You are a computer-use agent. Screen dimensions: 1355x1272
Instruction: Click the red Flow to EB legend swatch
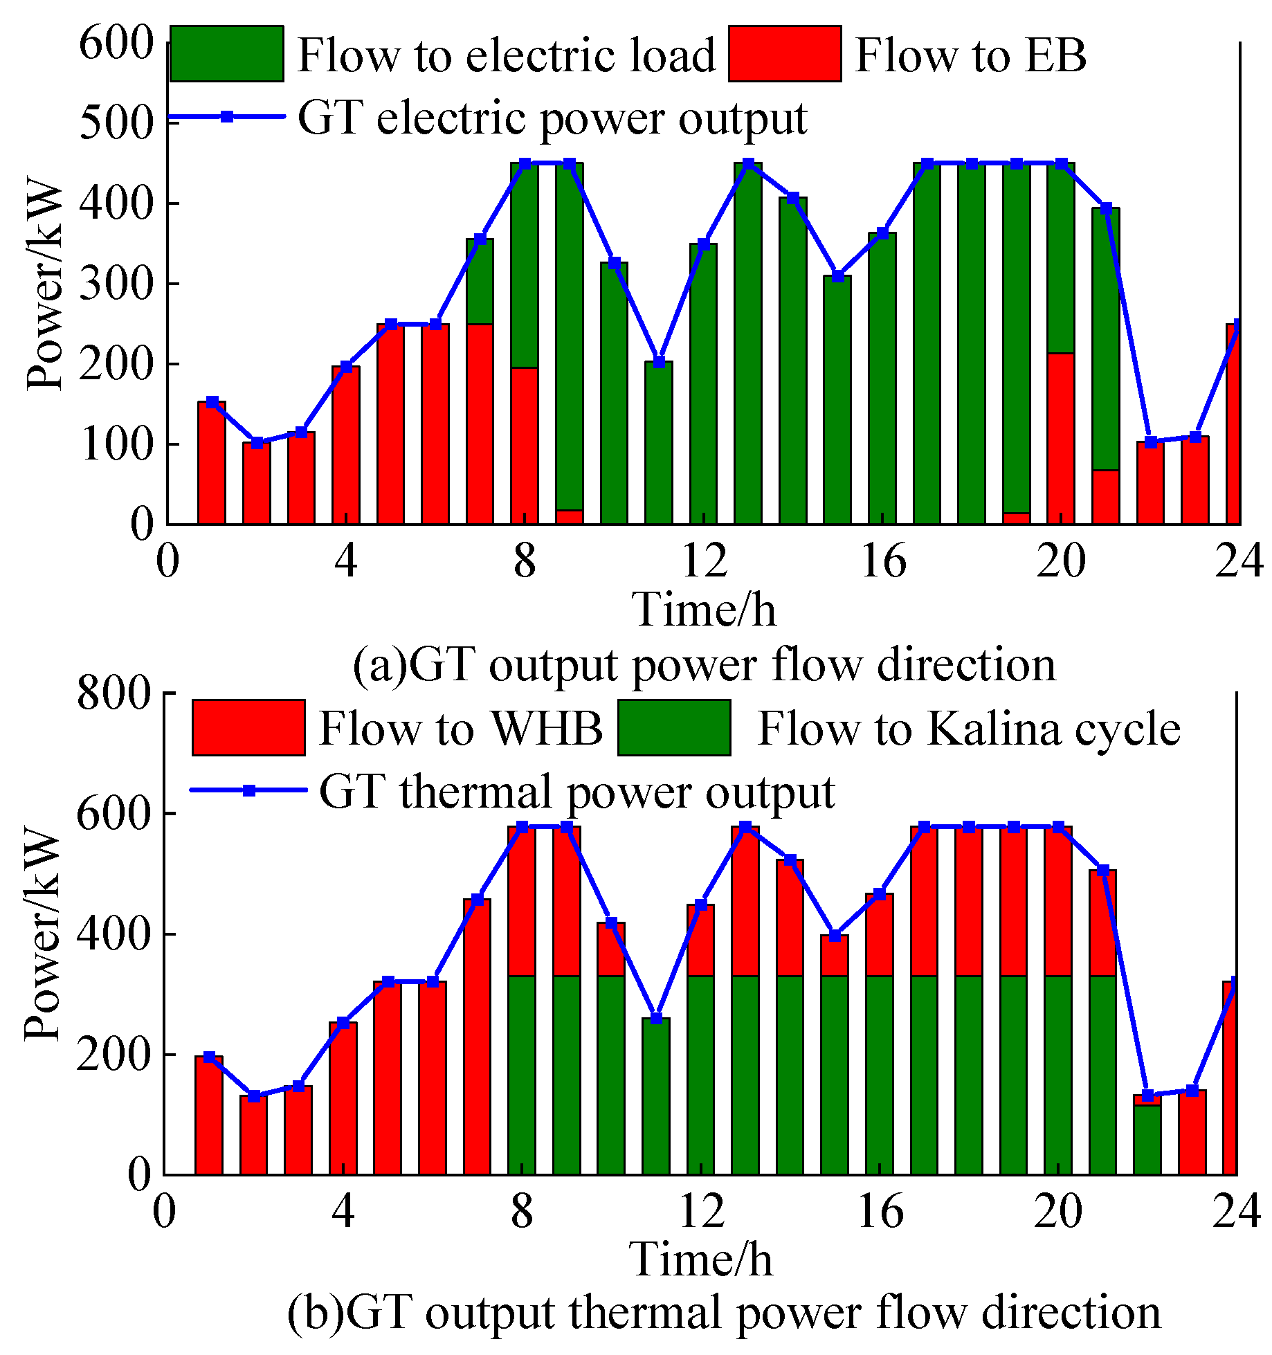tap(785, 54)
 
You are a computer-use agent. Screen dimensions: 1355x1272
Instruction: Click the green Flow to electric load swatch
tap(226, 54)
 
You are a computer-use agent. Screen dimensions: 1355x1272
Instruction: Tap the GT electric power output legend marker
tap(227, 117)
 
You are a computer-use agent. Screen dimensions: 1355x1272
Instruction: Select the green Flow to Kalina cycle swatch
tap(674, 727)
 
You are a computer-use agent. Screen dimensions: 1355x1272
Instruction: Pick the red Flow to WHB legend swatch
tap(248, 727)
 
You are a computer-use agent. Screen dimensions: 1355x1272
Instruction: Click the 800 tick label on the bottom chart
tap(113, 693)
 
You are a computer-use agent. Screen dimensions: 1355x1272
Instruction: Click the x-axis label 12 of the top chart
tap(704, 560)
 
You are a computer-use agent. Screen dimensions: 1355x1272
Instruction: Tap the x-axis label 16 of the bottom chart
tap(880, 1211)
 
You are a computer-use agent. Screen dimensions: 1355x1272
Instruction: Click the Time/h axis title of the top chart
tap(704, 610)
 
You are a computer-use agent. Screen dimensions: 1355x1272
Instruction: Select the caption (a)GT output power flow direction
tap(704, 664)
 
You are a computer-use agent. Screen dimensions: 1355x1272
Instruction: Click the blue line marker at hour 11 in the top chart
tap(659, 362)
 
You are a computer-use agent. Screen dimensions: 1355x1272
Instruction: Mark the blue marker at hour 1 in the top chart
tap(212, 402)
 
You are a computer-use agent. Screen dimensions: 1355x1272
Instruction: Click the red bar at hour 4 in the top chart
tap(346, 446)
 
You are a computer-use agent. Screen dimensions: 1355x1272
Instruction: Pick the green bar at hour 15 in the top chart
tap(837, 401)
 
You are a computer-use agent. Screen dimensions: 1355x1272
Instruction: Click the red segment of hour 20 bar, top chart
tap(1061, 439)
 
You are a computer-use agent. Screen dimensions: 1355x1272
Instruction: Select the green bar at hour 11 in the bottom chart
tap(656, 1097)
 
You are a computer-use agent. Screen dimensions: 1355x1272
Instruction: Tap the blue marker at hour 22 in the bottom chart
tap(1147, 1095)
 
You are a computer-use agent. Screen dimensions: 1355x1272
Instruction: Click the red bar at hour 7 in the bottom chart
tap(477, 1038)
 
